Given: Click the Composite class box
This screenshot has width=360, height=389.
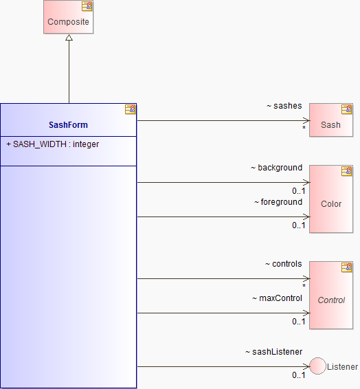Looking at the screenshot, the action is click(68, 17).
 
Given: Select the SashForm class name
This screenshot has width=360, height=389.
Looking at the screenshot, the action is click(68, 125).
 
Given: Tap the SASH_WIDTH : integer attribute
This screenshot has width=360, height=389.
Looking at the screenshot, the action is click(53, 144).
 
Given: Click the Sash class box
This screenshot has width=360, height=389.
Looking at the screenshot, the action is click(331, 120).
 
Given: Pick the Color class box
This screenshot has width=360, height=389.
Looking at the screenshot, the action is click(331, 199).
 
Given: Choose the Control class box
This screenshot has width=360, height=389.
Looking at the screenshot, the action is click(331, 296).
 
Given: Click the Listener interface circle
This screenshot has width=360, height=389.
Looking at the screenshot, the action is click(317, 366).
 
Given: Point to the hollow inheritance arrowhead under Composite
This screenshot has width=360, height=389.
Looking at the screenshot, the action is click(69, 38).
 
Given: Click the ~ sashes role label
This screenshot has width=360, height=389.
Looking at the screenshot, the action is click(284, 106).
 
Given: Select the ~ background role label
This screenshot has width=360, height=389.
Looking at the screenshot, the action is click(276, 168).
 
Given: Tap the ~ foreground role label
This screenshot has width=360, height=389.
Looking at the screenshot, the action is click(278, 202).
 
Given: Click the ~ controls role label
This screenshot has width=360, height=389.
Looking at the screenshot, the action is click(283, 264).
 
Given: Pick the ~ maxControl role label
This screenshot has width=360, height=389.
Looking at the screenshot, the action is click(277, 298).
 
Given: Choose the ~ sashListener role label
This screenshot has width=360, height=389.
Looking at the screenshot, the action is click(273, 352).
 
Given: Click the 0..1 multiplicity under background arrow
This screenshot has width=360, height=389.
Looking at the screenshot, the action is click(299, 191).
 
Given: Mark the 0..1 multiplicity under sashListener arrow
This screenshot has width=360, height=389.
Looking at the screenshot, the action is click(299, 375).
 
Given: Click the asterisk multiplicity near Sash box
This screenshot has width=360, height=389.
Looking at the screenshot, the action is click(304, 128).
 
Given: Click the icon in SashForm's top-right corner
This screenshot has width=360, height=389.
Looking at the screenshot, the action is click(130, 109).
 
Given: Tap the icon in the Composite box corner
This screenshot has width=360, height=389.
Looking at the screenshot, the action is click(87, 6).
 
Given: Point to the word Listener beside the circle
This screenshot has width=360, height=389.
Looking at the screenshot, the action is click(342, 367).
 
